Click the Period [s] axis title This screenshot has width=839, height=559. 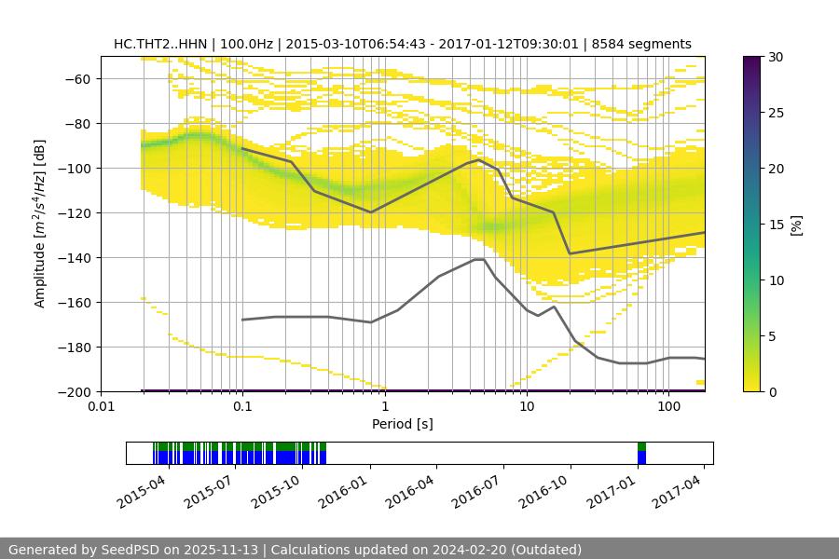[402, 425]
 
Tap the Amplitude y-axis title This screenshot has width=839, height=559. [40, 224]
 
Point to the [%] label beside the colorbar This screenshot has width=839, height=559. [795, 225]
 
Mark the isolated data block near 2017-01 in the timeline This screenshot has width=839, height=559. [641, 453]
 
